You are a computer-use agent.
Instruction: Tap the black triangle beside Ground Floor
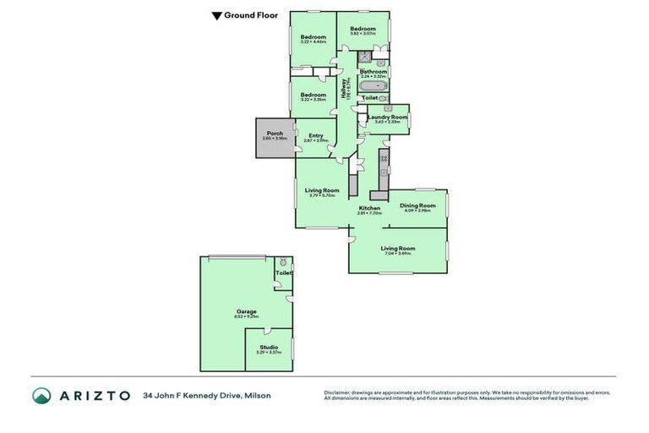[x=216, y=15]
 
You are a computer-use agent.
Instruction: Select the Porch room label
[x=275, y=134]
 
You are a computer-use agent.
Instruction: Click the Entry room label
[x=315, y=136]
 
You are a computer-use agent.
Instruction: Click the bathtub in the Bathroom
[x=373, y=86]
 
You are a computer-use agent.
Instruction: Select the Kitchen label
[x=369, y=208]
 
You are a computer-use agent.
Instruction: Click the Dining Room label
[x=417, y=206]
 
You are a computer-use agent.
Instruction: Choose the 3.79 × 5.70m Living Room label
[x=322, y=191]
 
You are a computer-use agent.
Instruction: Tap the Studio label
[x=268, y=348]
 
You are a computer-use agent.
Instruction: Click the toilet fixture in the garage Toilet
[x=283, y=261]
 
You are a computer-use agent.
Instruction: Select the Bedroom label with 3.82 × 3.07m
[x=363, y=30]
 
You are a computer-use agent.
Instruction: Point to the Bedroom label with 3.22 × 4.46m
[x=314, y=36]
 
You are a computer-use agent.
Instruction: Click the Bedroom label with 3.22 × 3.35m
[x=314, y=95]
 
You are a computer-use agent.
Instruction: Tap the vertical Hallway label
[x=346, y=89]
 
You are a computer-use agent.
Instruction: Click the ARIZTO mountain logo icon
[x=41, y=395]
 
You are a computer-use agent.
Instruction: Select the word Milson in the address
[x=257, y=395]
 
